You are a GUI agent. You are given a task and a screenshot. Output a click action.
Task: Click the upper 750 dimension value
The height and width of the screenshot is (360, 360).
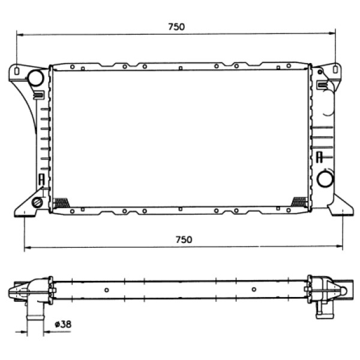click(x=176, y=26)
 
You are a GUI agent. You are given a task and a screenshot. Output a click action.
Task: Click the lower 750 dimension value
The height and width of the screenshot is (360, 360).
click(x=184, y=239)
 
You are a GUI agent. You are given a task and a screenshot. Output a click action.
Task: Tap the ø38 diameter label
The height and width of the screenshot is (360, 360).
click(x=62, y=324)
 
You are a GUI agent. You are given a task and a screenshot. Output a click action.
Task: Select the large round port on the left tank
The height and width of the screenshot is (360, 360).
click(x=35, y=77)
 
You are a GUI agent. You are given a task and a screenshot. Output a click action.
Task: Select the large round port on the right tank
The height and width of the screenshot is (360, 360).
click(x=326, y=178)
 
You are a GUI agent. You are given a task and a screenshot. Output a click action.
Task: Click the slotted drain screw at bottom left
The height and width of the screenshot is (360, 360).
click(x=37, y=202)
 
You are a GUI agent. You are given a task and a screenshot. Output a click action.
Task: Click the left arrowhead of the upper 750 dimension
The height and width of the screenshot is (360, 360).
click(x=19, y=34)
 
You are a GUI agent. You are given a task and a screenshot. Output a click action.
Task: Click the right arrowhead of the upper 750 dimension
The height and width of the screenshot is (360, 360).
click(x=333, y=34)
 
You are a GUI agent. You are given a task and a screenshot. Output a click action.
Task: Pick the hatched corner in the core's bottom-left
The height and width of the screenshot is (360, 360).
click(x=61, y=203)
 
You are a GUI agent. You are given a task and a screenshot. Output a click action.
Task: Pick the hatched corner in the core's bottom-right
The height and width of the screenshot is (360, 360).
click(x=298, y=202)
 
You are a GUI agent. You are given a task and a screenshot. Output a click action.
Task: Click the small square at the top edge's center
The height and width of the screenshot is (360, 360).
click(x=181, y=68)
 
